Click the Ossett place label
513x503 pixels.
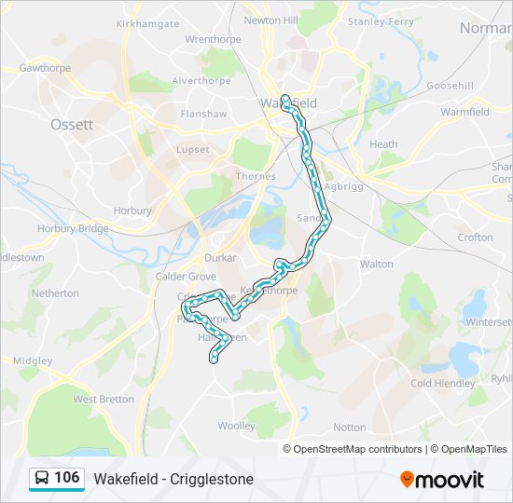[x=72, y=124]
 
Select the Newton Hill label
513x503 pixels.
[x=270, y=20]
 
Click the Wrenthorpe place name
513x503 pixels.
[x=214, y=39]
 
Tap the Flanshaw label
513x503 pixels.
[x=203, y=115]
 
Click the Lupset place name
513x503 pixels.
[x=193, y=149]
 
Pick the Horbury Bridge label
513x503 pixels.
[x=73, y=228]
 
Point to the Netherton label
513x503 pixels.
[x=55, y=293]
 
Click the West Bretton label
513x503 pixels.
[x=103, y=399]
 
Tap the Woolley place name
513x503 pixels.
[x=236, y=426]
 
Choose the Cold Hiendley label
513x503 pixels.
[x=442, y=383]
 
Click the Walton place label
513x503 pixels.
[x=377, y=265]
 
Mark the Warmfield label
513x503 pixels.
[x=464, y=113]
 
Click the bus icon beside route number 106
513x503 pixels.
[x=42, y=479]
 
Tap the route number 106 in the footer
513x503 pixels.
[x=66, y=478]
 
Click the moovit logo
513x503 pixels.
[x=442, y=480]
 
